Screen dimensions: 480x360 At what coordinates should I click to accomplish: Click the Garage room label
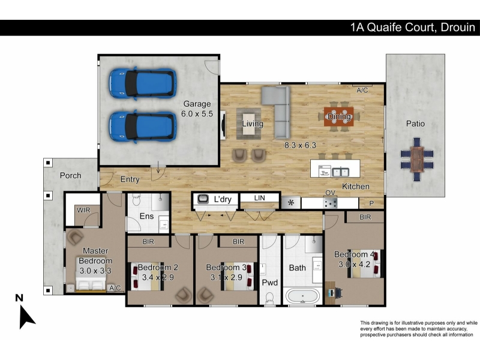click(x=197, y=104)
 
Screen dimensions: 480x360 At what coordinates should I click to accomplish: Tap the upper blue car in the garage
click(x=143, y=83)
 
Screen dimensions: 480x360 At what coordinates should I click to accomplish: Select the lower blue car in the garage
click(x=143, y=127)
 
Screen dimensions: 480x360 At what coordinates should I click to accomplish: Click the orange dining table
click(x=339, y=116)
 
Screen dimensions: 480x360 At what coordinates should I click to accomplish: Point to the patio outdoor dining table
click(x=417, y=159)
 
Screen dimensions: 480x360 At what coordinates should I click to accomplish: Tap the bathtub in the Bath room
click(x=302, y=296)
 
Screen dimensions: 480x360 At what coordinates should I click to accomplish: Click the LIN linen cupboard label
click(x=260, y=198)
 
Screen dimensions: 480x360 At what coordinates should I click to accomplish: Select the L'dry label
click(x=223, y=200)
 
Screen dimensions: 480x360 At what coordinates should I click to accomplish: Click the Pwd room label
click(x=269, y=283)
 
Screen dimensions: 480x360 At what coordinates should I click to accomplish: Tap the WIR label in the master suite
click(x=83, y=211)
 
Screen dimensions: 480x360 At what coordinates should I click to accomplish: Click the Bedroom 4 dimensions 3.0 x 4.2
click(x=354, y=264)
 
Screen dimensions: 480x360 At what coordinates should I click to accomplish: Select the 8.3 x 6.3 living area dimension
click(x=300, y=145)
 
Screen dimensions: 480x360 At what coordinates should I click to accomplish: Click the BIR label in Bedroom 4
click(x=365, y=217)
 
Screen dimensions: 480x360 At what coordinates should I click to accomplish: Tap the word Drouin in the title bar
click(x=458, y=28)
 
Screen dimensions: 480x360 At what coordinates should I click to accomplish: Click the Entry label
click(x=130, y=179)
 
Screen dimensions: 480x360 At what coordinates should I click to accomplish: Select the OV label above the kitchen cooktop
click(x=331, y=193)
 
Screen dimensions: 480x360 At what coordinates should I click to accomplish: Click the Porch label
click(x=71, y=175)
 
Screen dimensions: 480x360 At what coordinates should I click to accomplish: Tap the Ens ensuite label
click(x=146, y=216)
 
